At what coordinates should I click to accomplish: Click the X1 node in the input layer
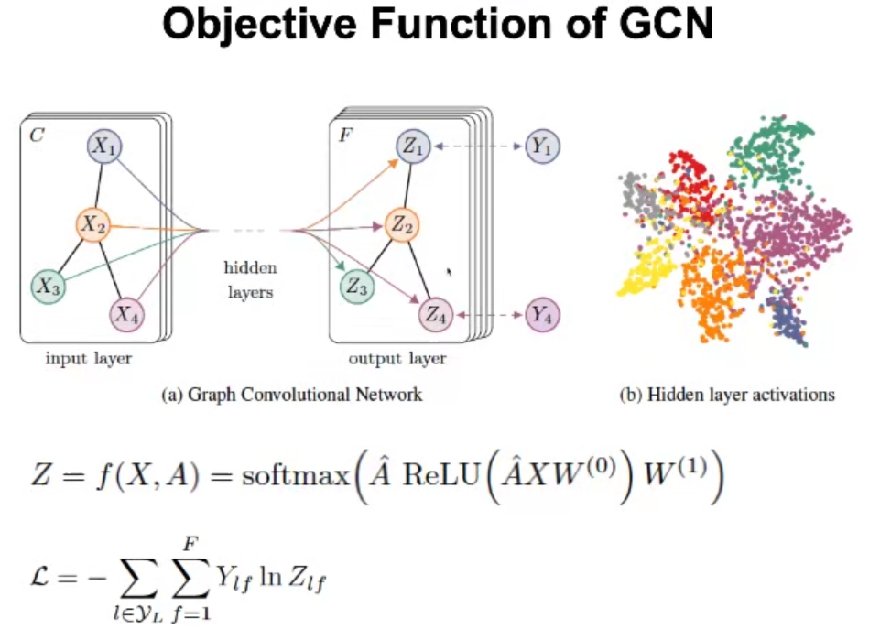tap(105, 146)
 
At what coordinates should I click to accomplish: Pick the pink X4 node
tap(128, 316)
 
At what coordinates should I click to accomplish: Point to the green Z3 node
tap(356, 287)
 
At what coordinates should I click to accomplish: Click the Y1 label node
tap(542, 146)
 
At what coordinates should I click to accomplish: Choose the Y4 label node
tap(542, 315)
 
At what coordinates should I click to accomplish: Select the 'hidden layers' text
tap(249, 283)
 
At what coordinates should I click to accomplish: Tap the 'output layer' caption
tap(397, 358)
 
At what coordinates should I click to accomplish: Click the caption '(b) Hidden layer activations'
tap(728, 395)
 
